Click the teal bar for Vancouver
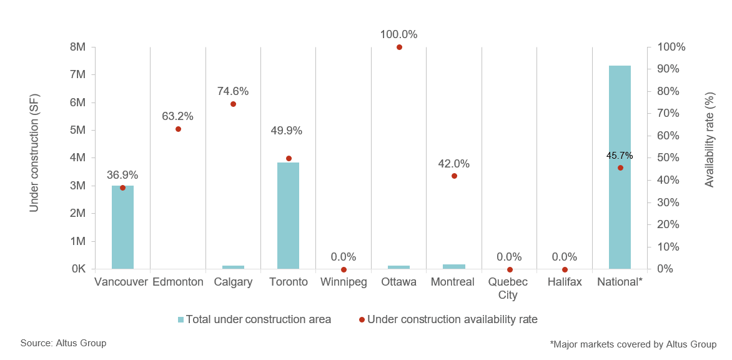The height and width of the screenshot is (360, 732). click(x=122, y=227)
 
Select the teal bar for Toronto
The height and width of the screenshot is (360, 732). click(x=289, y=216)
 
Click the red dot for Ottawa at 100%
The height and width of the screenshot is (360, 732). click(x=399, y=47)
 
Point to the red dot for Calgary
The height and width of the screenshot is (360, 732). click(x=233, y=104)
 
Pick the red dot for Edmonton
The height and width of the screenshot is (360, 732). click(x=178, y=129)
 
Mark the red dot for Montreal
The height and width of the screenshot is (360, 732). click(x=454, y=176)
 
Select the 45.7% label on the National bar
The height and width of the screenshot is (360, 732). click(x=620, y=156)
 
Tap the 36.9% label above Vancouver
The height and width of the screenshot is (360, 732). click(x=122, y=175)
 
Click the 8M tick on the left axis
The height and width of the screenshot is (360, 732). click(x=78, y=47)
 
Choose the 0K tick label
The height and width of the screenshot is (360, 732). click(x=78, y=269)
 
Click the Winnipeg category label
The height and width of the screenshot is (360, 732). click(x=344, y=282)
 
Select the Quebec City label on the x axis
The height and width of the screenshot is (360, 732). click(x=509, y=288)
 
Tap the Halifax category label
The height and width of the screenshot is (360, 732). click(x=564, y=282)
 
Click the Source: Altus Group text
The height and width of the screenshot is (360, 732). click(x=63, y=343)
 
